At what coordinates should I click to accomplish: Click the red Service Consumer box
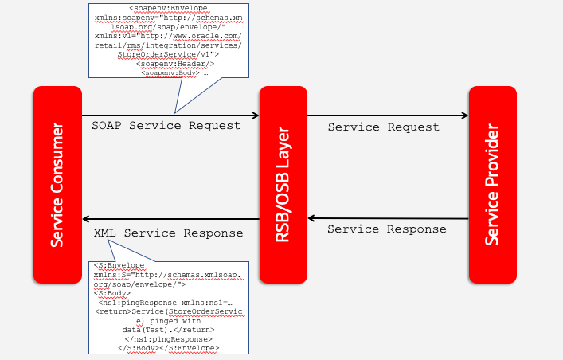point(57,183)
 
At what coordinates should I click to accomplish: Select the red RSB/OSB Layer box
point(283,183)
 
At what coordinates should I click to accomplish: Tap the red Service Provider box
point(492,183)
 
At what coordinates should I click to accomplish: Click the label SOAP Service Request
point(166,126)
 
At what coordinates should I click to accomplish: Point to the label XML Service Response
point(168,233)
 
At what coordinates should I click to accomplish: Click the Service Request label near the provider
point(383,127)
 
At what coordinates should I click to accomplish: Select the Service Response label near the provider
point(387,229)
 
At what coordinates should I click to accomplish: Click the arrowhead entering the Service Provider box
point(464,116)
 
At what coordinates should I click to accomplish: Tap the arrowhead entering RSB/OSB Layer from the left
point(256,116)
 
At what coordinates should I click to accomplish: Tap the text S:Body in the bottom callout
point(109,292)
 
